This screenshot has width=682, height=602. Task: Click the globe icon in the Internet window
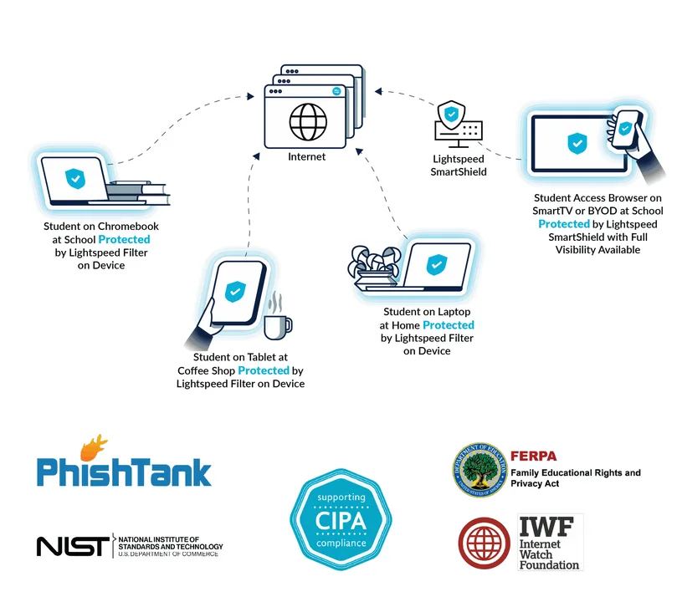click(308, 122)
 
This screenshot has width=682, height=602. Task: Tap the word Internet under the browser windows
click(306, 157)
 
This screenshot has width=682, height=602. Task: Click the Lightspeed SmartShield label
click(459, 166)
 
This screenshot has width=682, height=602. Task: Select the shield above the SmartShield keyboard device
click(451, 115)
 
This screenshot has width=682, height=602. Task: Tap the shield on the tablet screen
click(235, 291)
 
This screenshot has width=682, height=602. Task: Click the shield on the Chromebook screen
click(75, 179)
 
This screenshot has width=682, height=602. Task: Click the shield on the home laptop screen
click(437, 265)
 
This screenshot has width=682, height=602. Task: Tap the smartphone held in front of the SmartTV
click(626, 129)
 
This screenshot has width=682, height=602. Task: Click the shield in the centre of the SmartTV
click(577, 144)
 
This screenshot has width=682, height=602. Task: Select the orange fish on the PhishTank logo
click(94, 447)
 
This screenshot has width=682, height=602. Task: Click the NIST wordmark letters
click(73, 546)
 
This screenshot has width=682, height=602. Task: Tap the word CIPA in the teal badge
click(341, 521)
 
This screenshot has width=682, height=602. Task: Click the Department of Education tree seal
click(479, 470)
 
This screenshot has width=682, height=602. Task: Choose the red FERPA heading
click(533, 456)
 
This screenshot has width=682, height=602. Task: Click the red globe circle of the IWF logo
click(485, 543)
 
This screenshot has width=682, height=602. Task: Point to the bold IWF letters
click(546, 527)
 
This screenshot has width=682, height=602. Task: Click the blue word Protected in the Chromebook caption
click(125, 239)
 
